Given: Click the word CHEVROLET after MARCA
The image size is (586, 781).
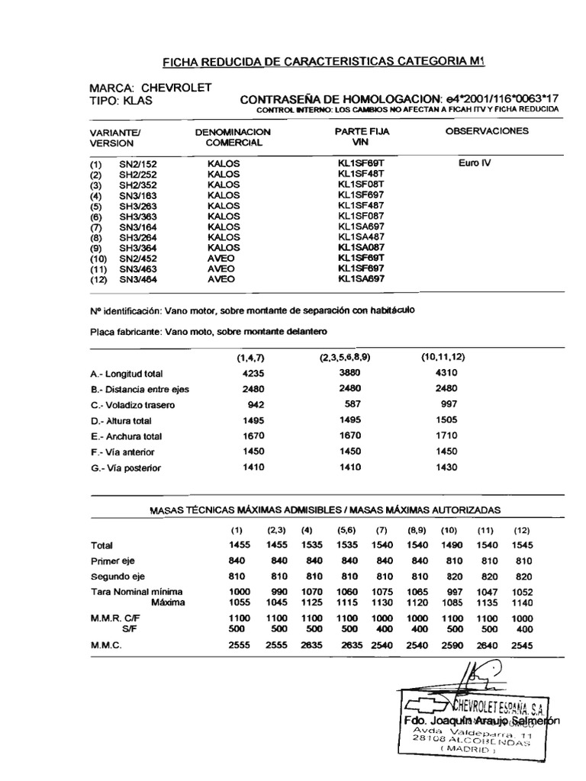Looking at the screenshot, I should coord(175,88).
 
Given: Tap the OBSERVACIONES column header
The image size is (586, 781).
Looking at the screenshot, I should coord(486,131).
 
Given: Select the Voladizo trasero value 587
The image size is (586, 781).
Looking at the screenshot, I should coord(349,404).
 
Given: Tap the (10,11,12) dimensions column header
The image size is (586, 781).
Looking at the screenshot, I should coord(443,357).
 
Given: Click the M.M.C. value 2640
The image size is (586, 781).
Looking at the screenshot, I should coord(485,644).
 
